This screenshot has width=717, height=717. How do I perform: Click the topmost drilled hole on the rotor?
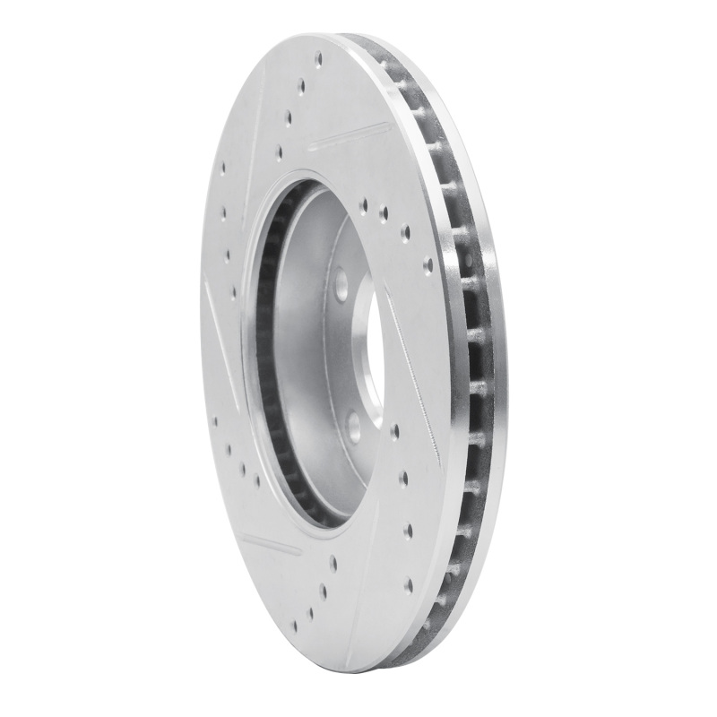[x=319, y=60]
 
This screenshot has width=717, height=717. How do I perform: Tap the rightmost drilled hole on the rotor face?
[x=428, y=265]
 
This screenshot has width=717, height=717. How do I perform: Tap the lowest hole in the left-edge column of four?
[x=232, y=291]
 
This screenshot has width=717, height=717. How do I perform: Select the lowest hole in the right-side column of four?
[x=409, y=585]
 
